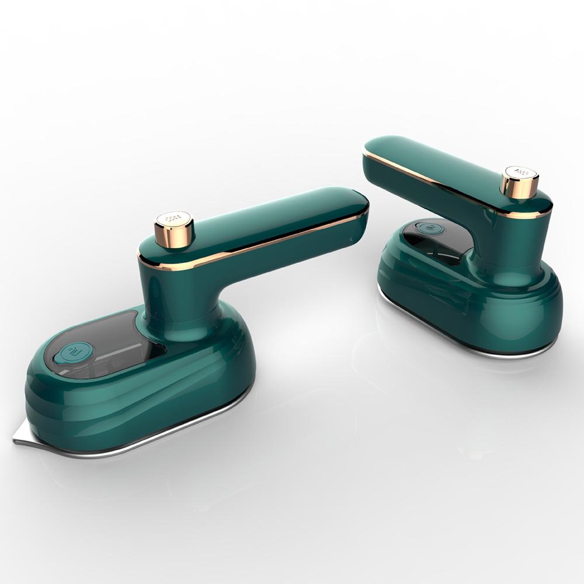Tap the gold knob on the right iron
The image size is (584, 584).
coord(519,183)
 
